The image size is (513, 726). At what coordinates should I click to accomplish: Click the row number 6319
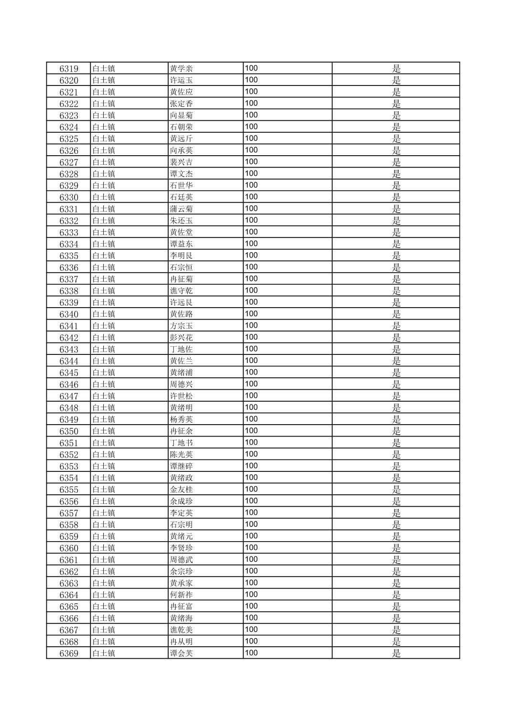pyautogui.click(x=69, y=69)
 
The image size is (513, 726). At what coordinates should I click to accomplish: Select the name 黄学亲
pyautogui.click(x=182, y=69)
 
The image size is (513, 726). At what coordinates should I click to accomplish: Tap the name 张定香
pyautogui.click(x=182, y=104)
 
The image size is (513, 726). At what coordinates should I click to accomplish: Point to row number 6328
pyautogui.click(x=69, y=174)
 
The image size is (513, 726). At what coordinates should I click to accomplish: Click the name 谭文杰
pyautogui.click(x=182, y=174)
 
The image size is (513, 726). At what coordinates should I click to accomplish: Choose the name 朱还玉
pyautogui.click(x=182, y=221)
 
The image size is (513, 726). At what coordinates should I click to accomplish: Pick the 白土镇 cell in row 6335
pyautogui.click(x=104, y=256)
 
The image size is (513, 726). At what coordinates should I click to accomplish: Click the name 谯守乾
pyautogui.click(x=182, y=291)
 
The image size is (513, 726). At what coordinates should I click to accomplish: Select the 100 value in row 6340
pyautogui.click(x=251, y=314)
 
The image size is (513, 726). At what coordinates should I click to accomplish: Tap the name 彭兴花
pyautogui.click(x=182, y=338)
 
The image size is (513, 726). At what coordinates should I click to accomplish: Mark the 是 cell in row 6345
pyautogui.click(x=396, y=373)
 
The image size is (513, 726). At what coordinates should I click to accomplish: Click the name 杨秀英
pyautogui.click(x=182, y=419)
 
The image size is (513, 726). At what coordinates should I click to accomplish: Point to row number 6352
pyautogui.click(x=69, y=455)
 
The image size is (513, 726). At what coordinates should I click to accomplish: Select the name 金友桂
pyautogui.click(x=182, y=490)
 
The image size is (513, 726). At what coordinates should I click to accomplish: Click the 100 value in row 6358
pyautogui.click(x=251, y=524)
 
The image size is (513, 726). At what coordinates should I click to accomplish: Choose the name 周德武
pyautogui.click(x=182, y=560)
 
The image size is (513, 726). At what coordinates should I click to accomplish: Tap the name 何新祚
pyautogui.click(x=182, y=595)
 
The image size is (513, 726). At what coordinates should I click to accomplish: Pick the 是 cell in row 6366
pyautogui.click(x=396, y=618)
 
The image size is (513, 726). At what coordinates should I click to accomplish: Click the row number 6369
pyautogui.click(x=69, y=653)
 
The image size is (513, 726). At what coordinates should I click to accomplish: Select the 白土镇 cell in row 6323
pyautogui.click(x=104, y=115)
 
